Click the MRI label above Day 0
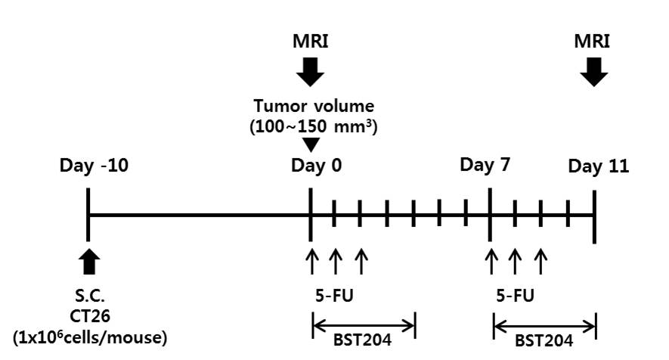click(310, 39)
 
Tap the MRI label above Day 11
click(594, 39)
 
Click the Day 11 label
click(599, 166)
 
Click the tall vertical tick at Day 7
click(491, 215)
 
